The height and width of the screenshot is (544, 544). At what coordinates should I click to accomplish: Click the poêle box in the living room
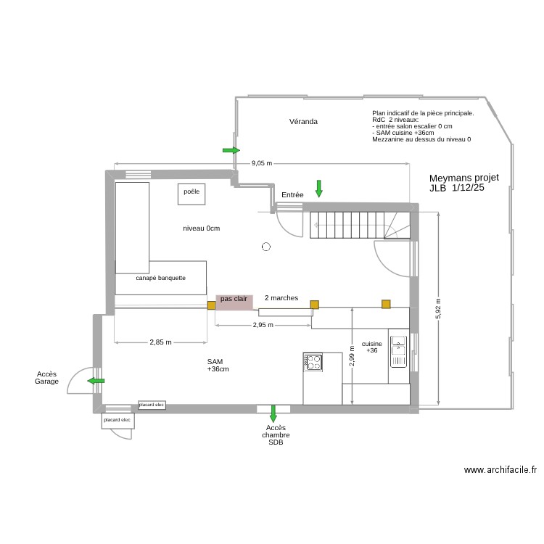(191, 193)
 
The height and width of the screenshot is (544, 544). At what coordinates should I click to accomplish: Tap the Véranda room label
(303, 122)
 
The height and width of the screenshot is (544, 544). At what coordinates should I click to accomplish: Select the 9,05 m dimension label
(261, 163)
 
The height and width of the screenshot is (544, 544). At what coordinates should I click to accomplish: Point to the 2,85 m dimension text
(161, 342)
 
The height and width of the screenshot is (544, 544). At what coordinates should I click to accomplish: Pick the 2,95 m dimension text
(263, 325)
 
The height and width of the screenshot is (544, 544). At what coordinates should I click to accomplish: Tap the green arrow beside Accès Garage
(96, 380)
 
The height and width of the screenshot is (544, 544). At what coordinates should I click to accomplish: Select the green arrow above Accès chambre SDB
(273, 413)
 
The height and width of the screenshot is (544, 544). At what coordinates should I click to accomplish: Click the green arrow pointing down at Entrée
(318, 189)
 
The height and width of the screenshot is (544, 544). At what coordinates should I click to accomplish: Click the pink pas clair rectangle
(234, 302)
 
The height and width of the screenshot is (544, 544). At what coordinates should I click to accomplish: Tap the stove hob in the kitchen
(313, 361)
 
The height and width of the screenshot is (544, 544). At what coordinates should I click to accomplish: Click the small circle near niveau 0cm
(266, 247)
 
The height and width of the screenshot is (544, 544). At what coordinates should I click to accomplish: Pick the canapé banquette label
(160, 278)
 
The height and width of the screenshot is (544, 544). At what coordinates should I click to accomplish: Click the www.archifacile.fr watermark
(500, 470)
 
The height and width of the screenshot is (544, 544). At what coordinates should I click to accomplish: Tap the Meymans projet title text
(463, 178)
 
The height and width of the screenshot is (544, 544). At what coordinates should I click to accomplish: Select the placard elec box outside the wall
(117, 420)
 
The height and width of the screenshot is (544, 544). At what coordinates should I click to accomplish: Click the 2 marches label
(281, 298)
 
